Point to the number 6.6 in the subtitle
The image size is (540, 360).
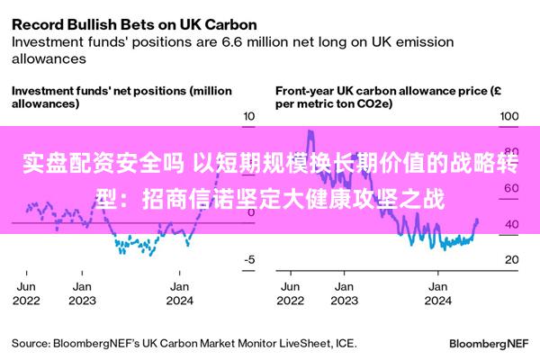[255, 40]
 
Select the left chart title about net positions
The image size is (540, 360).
[121, 97]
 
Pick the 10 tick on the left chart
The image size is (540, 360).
[251, 116]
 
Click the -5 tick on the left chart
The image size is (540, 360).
[250, 259]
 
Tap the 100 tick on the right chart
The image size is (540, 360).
[509, 116]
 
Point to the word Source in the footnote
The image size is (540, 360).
[29, 343]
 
